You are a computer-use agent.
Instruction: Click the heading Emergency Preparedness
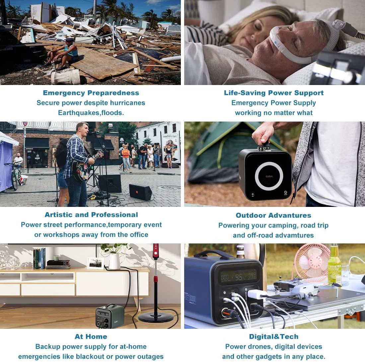pyautogui.click(x=91, y=93)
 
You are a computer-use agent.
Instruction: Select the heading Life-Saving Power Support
pyautogui.click(x=274, y=93)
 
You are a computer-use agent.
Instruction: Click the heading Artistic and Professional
pyautogui.click(x=91, y=215)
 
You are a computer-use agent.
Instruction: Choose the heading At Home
pyautogui.click(x=91, y=336)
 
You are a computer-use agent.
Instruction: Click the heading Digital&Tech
pyautogui.click(x=274, y=336)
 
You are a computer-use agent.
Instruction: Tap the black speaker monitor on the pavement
pyautogui.click(x=140, y=192)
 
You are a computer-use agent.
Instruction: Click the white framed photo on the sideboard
pyautogui.click(x=96, y=263)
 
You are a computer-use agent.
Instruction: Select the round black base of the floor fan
pyautogui.click(x=156, y=317)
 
